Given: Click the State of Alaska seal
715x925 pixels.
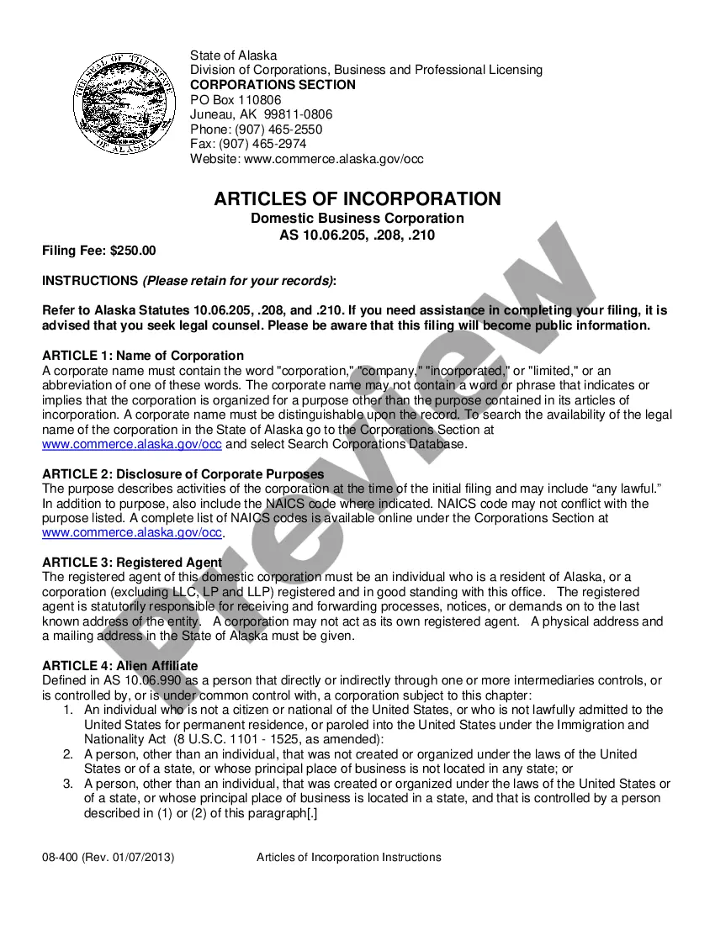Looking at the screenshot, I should click(114, 107).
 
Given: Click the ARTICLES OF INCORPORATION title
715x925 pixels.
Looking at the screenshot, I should click(357, 199).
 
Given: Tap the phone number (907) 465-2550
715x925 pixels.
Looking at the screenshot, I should click(278, 129).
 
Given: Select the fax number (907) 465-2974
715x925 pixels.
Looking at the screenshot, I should click(271, 144).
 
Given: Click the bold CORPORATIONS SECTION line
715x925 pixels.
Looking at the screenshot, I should click(273, 85).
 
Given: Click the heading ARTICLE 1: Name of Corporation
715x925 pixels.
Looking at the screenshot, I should click(143, 356).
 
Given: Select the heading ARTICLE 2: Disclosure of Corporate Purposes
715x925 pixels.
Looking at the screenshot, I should click(183, 474).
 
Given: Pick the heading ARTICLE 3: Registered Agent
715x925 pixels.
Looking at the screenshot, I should click(132, 563).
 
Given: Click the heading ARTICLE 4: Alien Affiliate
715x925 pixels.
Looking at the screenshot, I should click(120, 666).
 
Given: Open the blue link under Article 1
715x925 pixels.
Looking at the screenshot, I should click(132, 444).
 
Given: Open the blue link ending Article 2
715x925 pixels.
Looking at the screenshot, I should click(132, 532).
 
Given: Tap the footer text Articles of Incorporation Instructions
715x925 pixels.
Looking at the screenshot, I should click(348, 858).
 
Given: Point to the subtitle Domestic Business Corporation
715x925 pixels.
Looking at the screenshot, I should click(357, 219).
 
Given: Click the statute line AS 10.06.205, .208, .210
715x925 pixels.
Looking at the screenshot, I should click(357, 235).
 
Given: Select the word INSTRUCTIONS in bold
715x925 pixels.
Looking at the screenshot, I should click(90, 280).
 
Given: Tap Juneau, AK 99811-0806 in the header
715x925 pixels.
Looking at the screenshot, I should click(261, 114).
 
